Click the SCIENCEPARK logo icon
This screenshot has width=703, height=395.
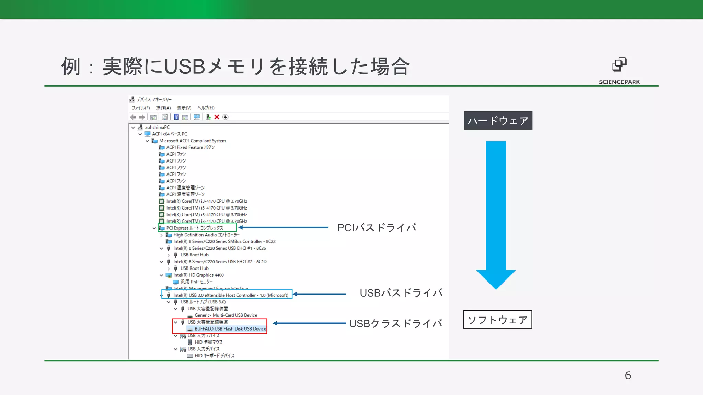619,64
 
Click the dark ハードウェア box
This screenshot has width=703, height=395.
498,120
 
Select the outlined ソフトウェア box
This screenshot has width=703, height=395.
497,320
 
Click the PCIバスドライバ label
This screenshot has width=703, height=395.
377,228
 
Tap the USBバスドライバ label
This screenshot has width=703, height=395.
401,293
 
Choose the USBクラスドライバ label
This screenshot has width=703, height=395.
395,323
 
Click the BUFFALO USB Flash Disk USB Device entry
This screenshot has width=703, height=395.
230,329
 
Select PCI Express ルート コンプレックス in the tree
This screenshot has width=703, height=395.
195,228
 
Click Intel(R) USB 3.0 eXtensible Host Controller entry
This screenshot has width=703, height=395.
230,295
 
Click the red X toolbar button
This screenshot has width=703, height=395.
217,117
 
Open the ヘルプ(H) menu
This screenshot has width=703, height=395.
206,108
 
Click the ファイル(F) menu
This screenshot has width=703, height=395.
141,108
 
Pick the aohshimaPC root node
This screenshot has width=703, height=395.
157,127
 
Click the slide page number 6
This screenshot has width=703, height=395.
627,375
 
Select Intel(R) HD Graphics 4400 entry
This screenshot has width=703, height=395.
198,275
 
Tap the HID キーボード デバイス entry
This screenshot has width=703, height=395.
214,356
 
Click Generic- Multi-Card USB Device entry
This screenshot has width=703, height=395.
226,315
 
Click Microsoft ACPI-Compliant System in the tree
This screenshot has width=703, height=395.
192,141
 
